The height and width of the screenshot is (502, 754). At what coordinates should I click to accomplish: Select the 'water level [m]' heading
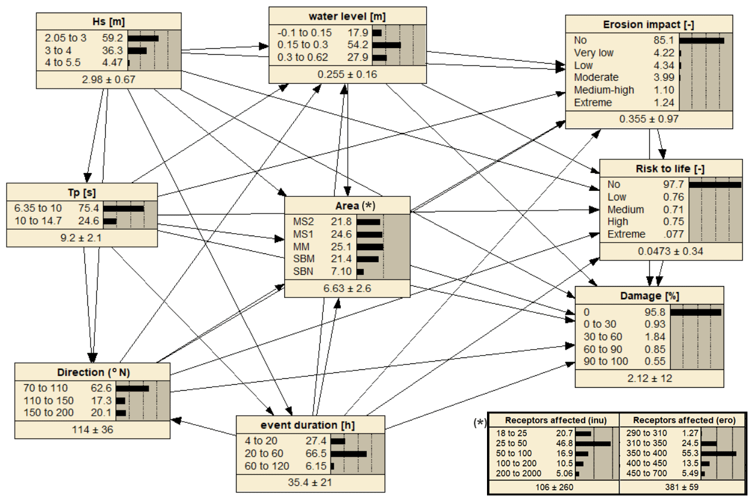pyautogui.click(x=347, y=15)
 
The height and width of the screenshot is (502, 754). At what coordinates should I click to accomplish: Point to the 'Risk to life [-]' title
pyautogui.click(x=671, y=168)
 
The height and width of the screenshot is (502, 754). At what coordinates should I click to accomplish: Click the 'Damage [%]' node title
pyautogui.click(x=649, y=295)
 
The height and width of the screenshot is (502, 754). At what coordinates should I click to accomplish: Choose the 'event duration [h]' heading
pyautogui.click(x=310, y=425)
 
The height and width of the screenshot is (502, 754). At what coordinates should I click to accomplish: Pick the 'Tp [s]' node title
pyautogui.click(x=82, y=192)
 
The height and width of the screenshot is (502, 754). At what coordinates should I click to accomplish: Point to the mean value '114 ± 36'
pyautogui.click(x=93, y=429)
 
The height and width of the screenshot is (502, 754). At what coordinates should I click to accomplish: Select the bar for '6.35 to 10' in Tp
pyautogui.click(x=124, y=209)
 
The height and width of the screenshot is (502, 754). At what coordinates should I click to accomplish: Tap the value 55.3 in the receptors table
pyautogui.click(x=689, y=453)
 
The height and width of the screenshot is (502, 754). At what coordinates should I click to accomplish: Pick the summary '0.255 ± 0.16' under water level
pyautogui.click(x=347, y=74)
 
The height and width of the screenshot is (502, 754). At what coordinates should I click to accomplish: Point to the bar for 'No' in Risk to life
pyautogui.click(x=715, y=185)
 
